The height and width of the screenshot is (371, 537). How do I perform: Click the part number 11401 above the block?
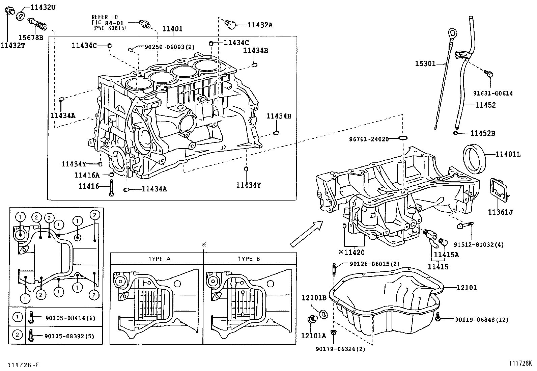click(172, 29)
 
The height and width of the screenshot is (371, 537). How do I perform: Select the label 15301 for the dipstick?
click(425, 63)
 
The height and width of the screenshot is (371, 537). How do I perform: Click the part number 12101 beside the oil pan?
click(467, 288)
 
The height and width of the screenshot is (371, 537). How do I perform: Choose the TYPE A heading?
click(159, 259)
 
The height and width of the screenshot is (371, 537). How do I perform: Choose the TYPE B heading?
click(249, 259)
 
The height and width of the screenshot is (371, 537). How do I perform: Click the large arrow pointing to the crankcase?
click(307, 234)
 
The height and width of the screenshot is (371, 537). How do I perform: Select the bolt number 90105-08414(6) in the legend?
click(70, 318)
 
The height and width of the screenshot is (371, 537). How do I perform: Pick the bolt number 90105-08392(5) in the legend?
click(69, 336)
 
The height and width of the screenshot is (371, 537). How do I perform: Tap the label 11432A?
click(260, 25)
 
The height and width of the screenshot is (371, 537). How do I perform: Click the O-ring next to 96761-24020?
click(403, 138)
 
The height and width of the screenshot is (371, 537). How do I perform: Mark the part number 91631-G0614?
click(493, 94)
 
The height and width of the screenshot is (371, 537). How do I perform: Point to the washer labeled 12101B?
click(323, 314)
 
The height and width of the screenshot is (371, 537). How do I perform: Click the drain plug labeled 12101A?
click(312, 319)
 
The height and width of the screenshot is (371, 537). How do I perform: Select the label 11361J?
click(501, 212)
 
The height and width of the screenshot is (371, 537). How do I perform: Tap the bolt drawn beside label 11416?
click(111, 188)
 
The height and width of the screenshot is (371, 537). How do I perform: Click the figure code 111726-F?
click(23, 365)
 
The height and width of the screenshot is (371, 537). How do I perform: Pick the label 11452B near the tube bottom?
click(483, 133)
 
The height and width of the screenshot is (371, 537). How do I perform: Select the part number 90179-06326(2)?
click(340, 349)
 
